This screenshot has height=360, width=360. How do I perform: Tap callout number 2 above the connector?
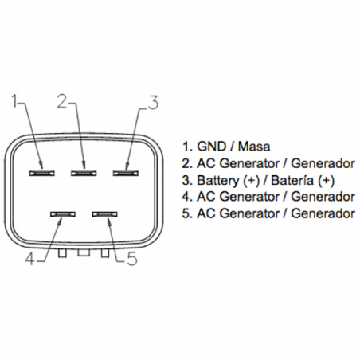(x=62, y=101)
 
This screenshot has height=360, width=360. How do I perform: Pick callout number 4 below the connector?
(x=29, y=257)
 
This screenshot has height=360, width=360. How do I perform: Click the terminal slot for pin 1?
(x=41, y=171)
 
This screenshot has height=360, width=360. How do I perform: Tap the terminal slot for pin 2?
(x=82, y=171)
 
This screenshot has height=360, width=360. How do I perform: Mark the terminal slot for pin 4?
(x=62, y=214)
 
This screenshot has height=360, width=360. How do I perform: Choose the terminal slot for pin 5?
(x=104, y=214)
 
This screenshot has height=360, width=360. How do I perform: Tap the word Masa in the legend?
(x=254, y=147)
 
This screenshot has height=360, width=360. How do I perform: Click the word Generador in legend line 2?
(x=323, y=164)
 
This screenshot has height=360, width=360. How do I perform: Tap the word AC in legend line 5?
(x=203, y=214)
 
